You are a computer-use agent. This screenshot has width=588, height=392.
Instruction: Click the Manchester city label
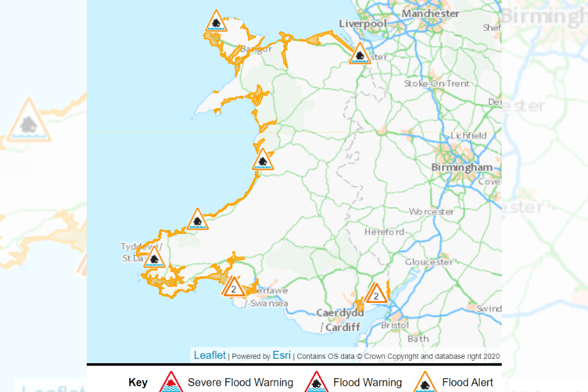430,13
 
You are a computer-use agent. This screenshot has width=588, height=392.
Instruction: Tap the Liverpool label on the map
363,24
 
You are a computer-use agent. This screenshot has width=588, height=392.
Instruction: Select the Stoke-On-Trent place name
437,84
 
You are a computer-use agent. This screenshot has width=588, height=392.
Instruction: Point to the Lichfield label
468,135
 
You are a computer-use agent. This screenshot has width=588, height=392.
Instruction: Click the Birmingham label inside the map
462,167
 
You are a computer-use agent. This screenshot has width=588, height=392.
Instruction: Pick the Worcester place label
432,211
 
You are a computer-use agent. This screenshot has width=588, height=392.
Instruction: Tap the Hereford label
385,232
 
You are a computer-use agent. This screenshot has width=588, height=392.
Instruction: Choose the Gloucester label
428,261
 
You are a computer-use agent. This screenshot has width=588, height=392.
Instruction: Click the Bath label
418,339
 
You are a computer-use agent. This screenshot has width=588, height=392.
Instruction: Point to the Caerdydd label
340,313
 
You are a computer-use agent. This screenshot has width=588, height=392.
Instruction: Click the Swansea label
268,304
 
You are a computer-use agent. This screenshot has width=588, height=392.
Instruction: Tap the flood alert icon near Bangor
216,22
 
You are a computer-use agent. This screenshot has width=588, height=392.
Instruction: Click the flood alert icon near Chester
359,54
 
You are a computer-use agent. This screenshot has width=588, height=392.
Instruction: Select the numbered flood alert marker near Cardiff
376,293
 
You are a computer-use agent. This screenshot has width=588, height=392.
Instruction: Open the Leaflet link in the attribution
210,355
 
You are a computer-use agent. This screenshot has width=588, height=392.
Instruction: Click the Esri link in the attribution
281,355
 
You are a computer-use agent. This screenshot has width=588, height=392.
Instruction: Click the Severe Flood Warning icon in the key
170,381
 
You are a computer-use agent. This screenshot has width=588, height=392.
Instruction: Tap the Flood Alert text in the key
468,383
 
